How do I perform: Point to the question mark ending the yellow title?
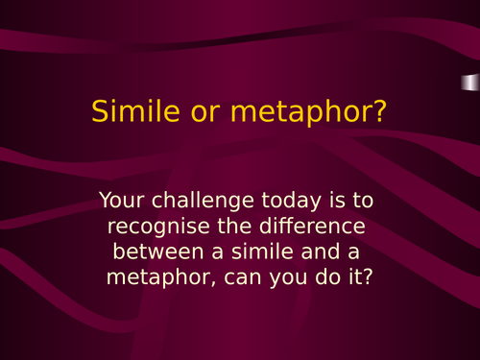click(379, 111)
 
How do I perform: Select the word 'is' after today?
click(328, 202)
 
